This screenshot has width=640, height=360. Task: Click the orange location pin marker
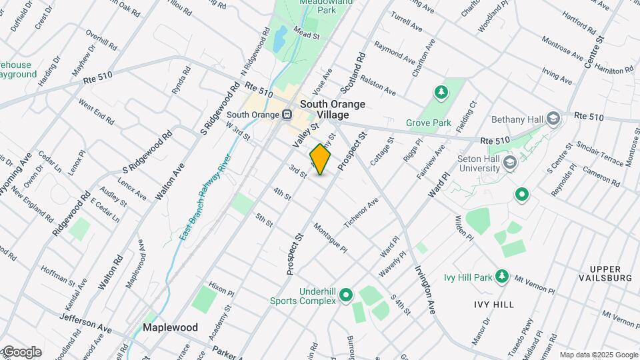pos(321,159)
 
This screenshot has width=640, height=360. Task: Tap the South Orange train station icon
pos(287,114)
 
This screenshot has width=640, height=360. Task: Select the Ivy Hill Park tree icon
pos(502,277)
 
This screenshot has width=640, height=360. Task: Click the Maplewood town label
pos(170,327)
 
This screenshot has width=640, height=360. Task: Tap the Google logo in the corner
pos(21,352)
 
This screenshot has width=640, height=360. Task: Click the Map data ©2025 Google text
pos(598,355)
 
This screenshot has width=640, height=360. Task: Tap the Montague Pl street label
pos(330,237)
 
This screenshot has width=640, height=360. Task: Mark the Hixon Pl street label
pos(221,288)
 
